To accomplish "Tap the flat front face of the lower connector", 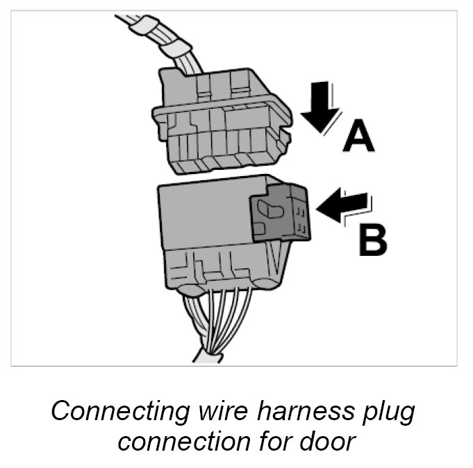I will pos(201,215).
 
